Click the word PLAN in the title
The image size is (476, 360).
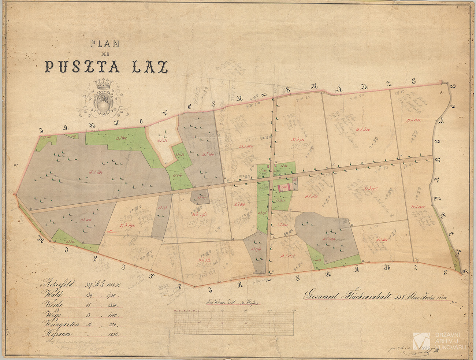[105, 44]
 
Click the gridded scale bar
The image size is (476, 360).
[234, 323]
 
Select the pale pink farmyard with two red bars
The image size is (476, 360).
[285, 188]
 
